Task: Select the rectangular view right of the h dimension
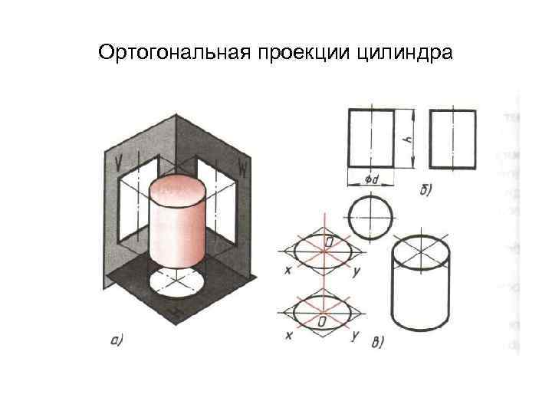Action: (452, 138)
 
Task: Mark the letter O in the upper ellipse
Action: (327, 243)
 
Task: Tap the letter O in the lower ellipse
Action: (323, 320)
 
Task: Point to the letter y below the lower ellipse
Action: (354, 336)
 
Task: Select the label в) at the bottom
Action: (377, 343)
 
